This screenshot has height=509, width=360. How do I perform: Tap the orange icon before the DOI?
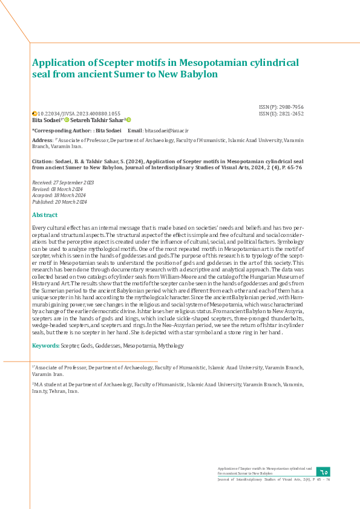point(34,114)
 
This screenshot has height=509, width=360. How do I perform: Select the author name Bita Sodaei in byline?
point(47,120)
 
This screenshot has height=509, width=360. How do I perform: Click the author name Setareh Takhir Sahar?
point(99,120)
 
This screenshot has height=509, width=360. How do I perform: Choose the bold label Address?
point(42,140)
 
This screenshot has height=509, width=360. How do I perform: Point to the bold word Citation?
point(42,162)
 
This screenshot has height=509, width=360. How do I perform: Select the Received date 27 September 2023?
point(63,182)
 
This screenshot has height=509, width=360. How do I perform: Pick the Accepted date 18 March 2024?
point(59,195)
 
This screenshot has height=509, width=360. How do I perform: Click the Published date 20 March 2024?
point(59,202)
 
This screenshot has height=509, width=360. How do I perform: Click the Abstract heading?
point(45,215)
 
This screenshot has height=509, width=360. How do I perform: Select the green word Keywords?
point(45,346)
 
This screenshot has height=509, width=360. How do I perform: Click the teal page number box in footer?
point(323,472)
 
